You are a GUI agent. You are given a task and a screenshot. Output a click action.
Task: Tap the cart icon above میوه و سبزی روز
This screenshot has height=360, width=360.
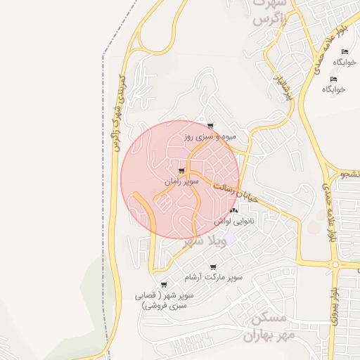210,127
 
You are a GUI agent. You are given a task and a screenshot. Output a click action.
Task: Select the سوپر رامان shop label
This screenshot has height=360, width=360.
182,181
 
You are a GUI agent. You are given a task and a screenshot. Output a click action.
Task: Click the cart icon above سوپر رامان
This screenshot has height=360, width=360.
182,171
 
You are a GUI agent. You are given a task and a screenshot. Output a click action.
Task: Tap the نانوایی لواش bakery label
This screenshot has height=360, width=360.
234,221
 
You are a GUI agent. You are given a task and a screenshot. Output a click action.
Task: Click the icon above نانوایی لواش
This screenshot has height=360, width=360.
234,210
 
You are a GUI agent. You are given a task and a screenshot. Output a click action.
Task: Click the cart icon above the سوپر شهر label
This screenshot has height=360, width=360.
164,285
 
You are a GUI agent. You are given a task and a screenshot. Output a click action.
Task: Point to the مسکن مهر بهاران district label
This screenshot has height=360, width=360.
269,327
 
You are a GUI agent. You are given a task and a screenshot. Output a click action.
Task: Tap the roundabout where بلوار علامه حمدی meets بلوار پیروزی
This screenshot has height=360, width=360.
335,265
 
